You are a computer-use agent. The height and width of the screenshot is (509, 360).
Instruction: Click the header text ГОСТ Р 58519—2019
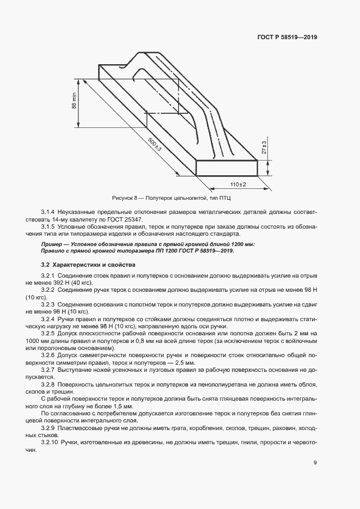coord(287,38)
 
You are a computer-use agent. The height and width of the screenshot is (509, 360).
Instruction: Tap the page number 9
coord(315,463)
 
